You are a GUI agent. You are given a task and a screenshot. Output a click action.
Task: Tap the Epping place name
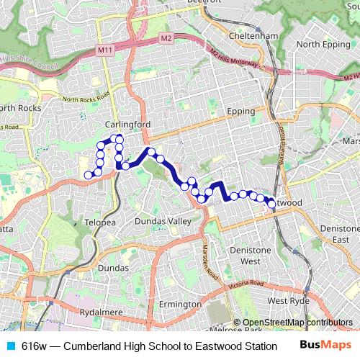click(241, 112)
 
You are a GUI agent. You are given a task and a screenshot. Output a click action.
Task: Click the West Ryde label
click(288, 300)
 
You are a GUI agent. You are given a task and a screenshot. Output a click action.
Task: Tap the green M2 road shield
click(167, 37)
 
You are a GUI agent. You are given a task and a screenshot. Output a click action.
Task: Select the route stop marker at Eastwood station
click(271, 204)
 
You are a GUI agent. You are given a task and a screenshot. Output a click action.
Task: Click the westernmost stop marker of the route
click(89, 175)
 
